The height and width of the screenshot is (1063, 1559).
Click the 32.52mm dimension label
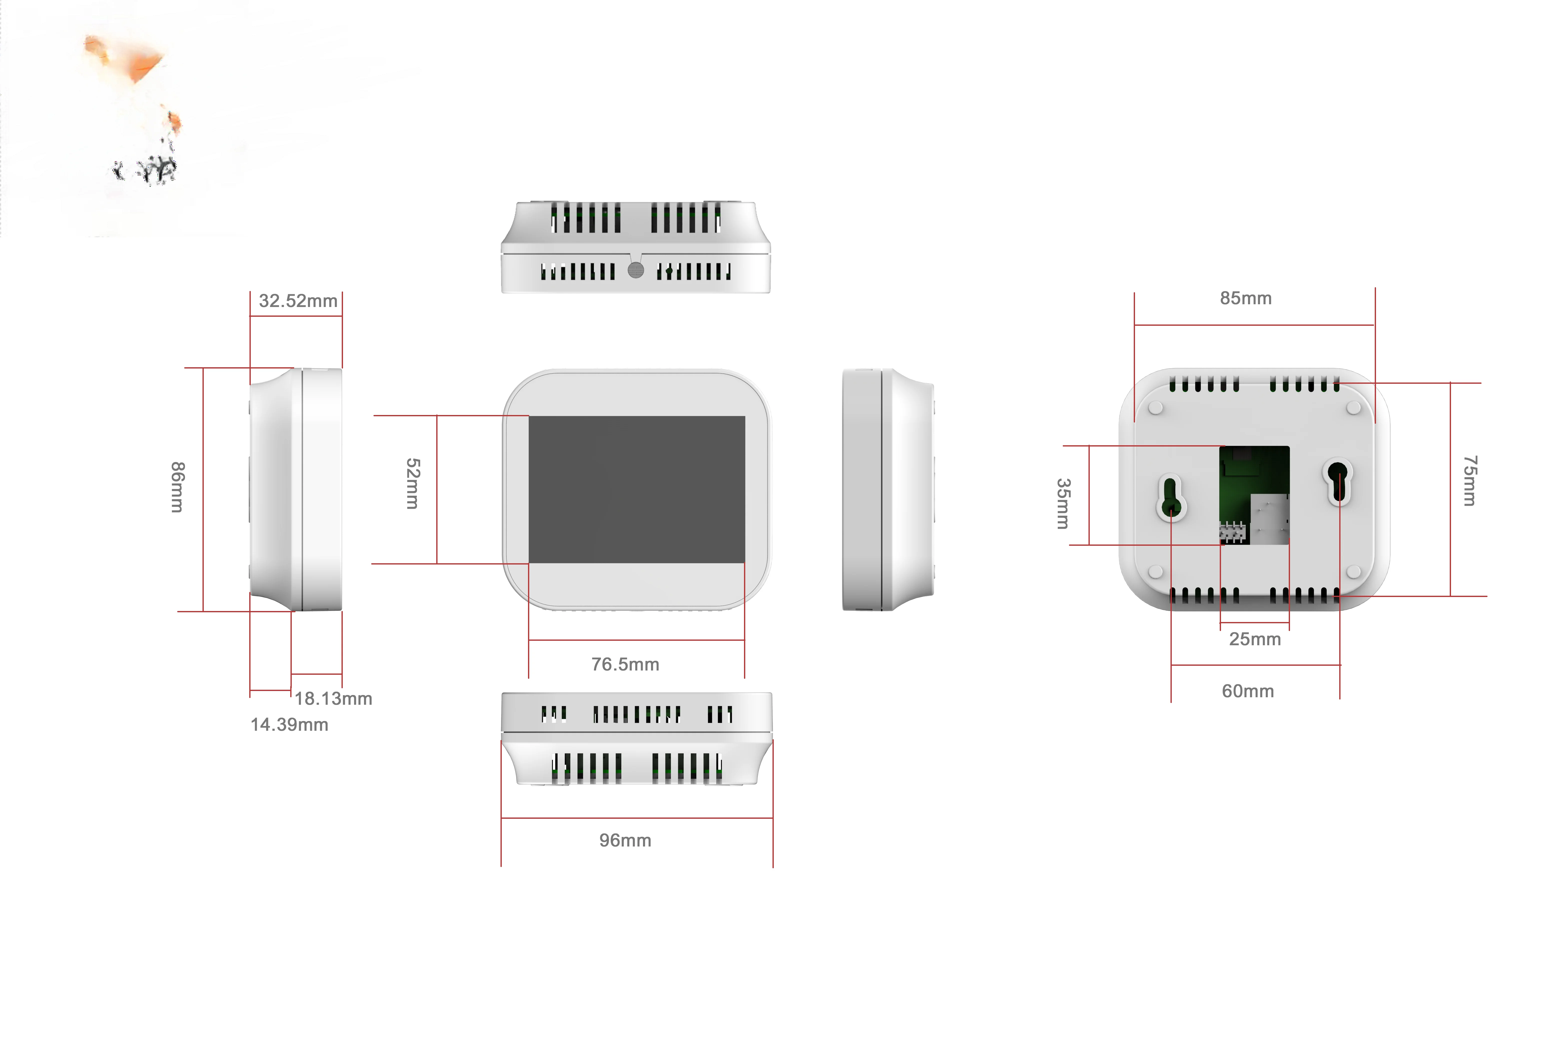pos(298,301)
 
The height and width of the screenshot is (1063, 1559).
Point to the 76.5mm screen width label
pos(625,665)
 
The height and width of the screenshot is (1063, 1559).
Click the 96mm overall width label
pos(625,840)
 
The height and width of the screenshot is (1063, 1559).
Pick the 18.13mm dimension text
pos(333,699)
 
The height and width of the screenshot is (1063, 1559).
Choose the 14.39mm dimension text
pos(289,725)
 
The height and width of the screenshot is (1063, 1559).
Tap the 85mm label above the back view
pos(1246,298)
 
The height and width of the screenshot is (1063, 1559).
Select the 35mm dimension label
pos(1063,504)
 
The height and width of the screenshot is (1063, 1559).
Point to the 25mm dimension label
pos(1254,639)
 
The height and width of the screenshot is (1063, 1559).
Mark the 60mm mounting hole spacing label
pos(1248,691)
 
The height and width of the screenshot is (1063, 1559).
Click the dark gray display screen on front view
pos(636,489)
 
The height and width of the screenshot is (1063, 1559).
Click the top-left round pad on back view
pos(1156,408)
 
